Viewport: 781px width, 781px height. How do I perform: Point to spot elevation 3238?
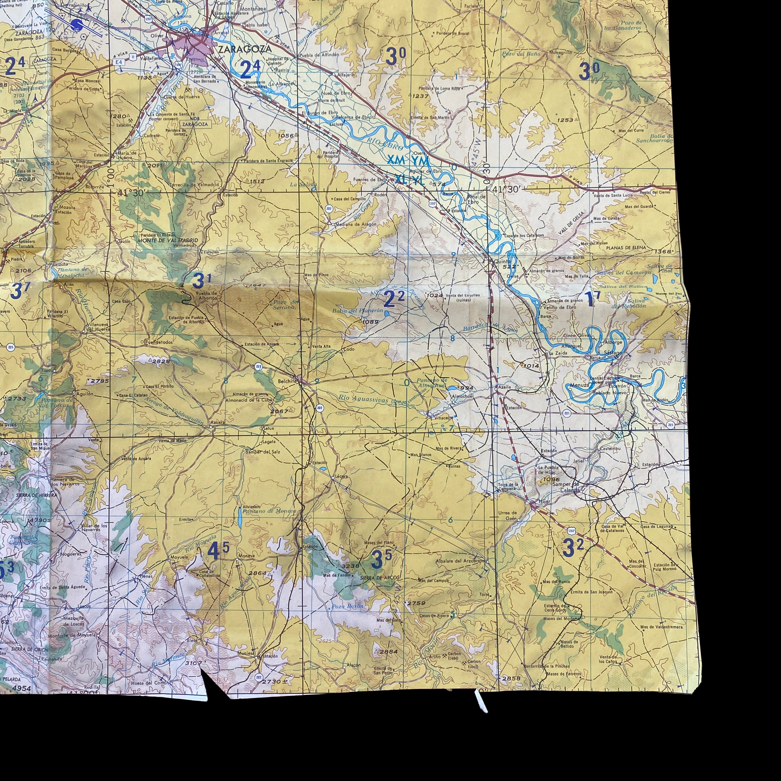pos(350,565)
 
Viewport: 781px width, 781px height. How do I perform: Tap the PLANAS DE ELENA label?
pos(626,247)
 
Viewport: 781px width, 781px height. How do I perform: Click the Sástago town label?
pos(613,352)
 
